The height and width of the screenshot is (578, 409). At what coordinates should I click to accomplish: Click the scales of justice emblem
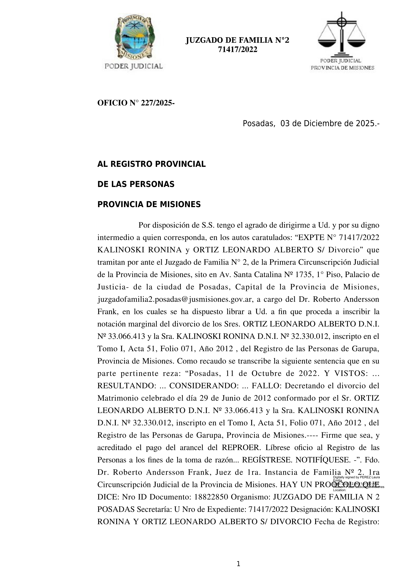click(342, 35)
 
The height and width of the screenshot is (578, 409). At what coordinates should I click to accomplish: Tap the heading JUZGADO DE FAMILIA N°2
click(237, 40)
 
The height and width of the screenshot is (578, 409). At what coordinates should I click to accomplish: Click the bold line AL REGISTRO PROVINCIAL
click(151, 164)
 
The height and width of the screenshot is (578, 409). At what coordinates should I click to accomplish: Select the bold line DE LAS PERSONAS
click(136, 185)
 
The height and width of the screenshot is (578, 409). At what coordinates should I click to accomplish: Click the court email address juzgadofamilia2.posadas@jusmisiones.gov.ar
click(174, 299)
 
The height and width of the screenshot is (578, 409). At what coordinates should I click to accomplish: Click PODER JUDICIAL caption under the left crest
click(134, 66)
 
